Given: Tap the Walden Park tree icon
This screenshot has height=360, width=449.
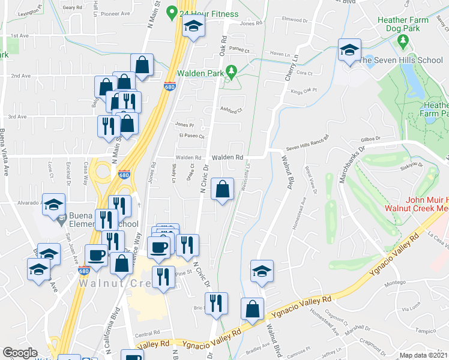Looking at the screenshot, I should coord(232,73).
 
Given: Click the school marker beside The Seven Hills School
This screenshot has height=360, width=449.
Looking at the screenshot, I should coord(348,50).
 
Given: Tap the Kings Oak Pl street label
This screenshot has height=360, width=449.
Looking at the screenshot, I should coord(304,92).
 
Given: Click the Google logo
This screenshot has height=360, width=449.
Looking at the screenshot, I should coord(20,353).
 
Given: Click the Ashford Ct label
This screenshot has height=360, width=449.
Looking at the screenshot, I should coord(231,110).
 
